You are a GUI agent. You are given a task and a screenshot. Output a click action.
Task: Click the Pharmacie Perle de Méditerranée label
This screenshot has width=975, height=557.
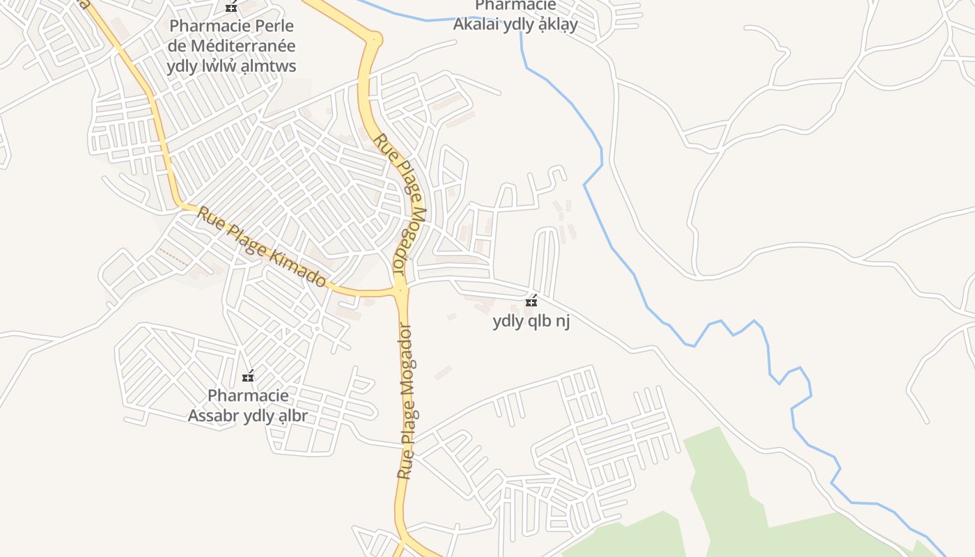231,46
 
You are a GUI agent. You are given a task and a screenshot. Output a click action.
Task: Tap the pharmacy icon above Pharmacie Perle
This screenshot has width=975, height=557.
231,8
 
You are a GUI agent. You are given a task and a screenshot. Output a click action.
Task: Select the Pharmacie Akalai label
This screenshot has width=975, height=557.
515,15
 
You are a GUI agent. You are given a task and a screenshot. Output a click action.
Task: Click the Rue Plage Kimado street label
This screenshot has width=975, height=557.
262,246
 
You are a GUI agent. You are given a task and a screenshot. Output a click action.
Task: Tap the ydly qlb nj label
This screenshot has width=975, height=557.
531,322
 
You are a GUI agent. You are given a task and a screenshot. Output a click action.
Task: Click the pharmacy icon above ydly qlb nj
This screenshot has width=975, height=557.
531,301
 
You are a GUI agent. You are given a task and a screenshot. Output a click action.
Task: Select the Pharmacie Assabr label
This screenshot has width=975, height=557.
248,405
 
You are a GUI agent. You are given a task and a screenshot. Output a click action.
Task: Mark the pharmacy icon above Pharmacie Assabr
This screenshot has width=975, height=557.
248,377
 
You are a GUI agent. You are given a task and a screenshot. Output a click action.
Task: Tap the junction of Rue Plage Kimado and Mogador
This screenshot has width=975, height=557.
400,290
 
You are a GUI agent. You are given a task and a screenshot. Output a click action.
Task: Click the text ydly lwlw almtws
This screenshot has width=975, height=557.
231,66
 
